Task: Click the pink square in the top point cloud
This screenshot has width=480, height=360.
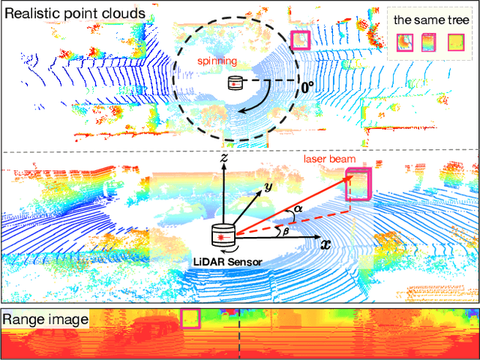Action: pos(300,40)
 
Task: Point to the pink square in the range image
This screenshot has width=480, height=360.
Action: pos(190,319)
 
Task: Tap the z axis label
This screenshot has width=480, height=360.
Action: pos(223,158)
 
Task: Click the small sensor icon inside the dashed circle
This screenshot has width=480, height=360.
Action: pos(236,82)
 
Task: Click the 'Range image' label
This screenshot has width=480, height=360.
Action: pos(45,319)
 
